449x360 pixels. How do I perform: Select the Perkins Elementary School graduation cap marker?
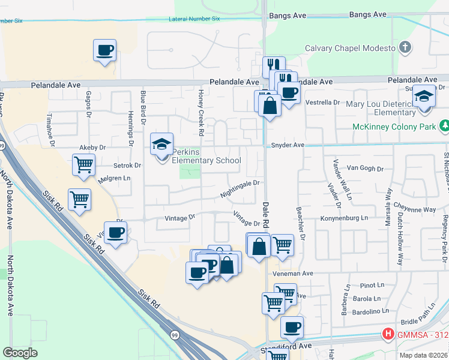(161, 145)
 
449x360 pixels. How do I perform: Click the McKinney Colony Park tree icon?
(444, 126)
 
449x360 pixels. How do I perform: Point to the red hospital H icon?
(389, 334)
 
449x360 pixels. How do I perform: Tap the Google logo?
(20, 353)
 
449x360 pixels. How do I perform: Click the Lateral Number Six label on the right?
(195, 19)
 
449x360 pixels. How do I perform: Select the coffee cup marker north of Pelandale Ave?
(105, 50)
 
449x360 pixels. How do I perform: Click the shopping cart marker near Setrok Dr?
(83, 164)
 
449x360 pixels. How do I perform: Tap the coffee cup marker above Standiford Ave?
(292, 328)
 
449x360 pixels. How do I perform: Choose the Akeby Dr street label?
(92, 147)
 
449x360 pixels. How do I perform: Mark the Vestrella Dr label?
(323, 103)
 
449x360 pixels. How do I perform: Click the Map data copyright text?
(424, 355)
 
